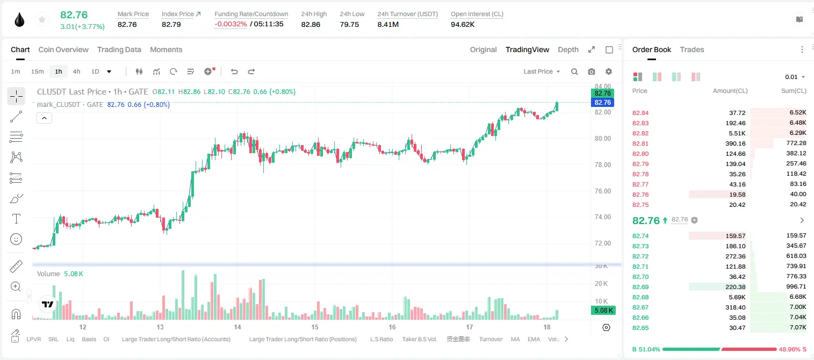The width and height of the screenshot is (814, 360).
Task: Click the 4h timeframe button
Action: pos(76,71)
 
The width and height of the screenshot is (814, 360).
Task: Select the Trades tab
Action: pos(692,49)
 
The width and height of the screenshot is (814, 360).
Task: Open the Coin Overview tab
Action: pos(63,49)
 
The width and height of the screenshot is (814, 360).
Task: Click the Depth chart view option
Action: pos(568,49)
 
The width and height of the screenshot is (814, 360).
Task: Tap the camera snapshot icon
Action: pos(592,71)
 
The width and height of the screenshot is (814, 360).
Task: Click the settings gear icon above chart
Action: pos(609,71)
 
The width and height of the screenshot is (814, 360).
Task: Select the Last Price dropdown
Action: pos(542,71)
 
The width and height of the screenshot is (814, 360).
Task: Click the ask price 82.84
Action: pos(640,113)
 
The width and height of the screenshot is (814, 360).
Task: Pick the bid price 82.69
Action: pos(640,287)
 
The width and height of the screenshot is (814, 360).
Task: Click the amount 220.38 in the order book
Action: pos(735,287)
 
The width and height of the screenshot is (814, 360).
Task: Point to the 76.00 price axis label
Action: pos(602,191)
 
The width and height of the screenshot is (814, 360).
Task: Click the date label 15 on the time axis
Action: pos(315,327)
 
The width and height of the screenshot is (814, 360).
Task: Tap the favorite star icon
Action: pos(42,19)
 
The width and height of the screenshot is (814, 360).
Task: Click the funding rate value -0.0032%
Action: pos(230,24)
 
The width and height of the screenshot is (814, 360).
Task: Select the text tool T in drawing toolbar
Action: pos(16,219)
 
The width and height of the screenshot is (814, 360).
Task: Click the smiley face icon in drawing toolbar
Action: pos(16,239)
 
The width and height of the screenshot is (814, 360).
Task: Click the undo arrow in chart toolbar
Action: pos(234,71)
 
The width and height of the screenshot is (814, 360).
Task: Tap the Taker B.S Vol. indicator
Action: pos(419,339)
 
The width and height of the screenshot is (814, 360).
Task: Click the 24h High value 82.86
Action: pos(311,24)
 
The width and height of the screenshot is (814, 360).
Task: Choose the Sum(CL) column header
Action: pos(794,91)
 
